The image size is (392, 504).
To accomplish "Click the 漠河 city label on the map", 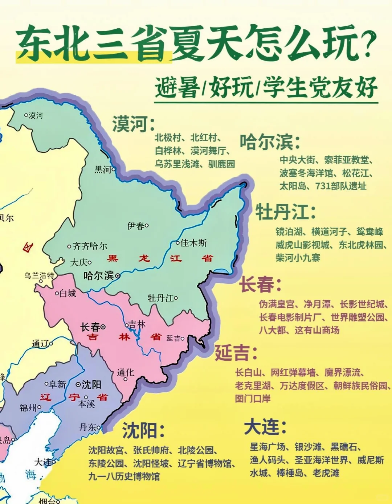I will click(36, 115).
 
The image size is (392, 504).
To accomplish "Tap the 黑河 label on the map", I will click(103, 169).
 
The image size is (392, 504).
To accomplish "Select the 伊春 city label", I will click(136, 226).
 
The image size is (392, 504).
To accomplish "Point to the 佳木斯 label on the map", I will click(193, 242).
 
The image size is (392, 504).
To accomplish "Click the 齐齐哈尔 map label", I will click(90, 246).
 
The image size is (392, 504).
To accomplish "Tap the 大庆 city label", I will click(79, 262).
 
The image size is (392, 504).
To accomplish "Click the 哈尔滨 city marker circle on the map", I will click(118, 276).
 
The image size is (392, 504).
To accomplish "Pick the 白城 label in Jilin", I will click(68, 293).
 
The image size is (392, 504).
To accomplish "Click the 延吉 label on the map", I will click(173, 339).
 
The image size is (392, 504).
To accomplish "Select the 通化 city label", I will click(126, 373).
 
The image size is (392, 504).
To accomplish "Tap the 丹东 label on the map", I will click(88, 427).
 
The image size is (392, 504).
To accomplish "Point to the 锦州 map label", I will click(28, 408).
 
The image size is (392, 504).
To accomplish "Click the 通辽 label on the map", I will click(40, 343).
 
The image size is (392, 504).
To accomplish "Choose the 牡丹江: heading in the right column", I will click(285, 212).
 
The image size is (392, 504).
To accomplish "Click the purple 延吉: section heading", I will click(236, 353).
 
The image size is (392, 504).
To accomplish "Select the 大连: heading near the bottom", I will click(265, 427).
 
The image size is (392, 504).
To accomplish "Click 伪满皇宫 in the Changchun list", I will click(277, 304).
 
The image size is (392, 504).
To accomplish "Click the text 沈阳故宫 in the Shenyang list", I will click(106, 451).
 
